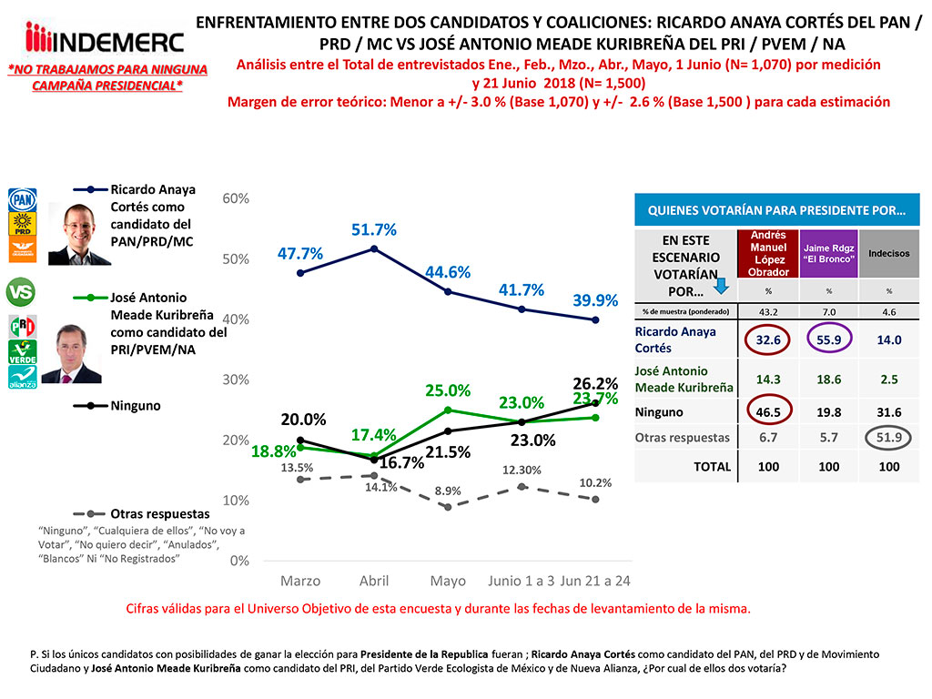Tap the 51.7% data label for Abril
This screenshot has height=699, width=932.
374,230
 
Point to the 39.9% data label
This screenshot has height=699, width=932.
595,300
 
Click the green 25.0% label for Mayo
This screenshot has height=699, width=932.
448,390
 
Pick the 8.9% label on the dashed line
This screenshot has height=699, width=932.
446,491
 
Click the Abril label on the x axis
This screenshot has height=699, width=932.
374,581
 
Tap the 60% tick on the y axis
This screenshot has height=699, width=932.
236,198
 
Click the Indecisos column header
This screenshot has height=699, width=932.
887,254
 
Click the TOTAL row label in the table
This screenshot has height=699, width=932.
712,466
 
